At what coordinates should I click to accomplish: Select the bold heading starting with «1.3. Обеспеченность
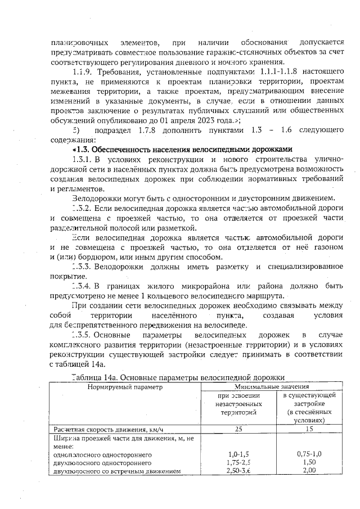[182, 150]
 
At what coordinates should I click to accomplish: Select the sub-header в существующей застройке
[307, 408]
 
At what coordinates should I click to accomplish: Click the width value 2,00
[307, 470]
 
